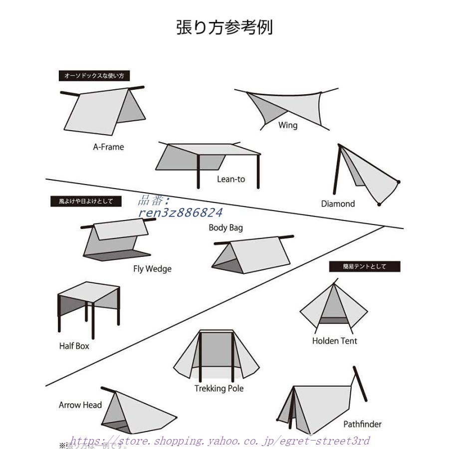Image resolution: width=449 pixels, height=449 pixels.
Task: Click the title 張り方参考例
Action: pos(224,27)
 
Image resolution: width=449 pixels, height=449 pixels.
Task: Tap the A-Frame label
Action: pos(108,147)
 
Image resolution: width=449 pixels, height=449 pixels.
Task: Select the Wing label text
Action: pos(288,125)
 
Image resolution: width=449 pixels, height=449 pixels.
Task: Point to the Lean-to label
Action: pos(231,179)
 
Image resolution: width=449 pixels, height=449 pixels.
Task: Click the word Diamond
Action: pos(338,204)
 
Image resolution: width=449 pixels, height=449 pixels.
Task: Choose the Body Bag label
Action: pos(225,228)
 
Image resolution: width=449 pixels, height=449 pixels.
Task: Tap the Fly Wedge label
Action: pos(152,269)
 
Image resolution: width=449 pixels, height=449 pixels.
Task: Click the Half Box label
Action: pos(74,346)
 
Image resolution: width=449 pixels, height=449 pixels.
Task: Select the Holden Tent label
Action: pos(335,341)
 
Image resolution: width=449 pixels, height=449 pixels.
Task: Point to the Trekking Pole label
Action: pos(219,388)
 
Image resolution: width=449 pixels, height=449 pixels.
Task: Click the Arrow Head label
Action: pos(80,405)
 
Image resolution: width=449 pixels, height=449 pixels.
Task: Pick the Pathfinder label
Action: pos(362,424)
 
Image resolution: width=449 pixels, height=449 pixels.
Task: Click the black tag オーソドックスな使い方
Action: pos(94,76)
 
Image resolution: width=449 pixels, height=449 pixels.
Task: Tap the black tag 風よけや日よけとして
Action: pos(86,202)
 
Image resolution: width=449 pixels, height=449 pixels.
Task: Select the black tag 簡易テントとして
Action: pos(365,266)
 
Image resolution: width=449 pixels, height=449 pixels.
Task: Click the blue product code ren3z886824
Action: pos(181,213)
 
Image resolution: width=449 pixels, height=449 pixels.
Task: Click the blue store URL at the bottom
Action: pos(220,441)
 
